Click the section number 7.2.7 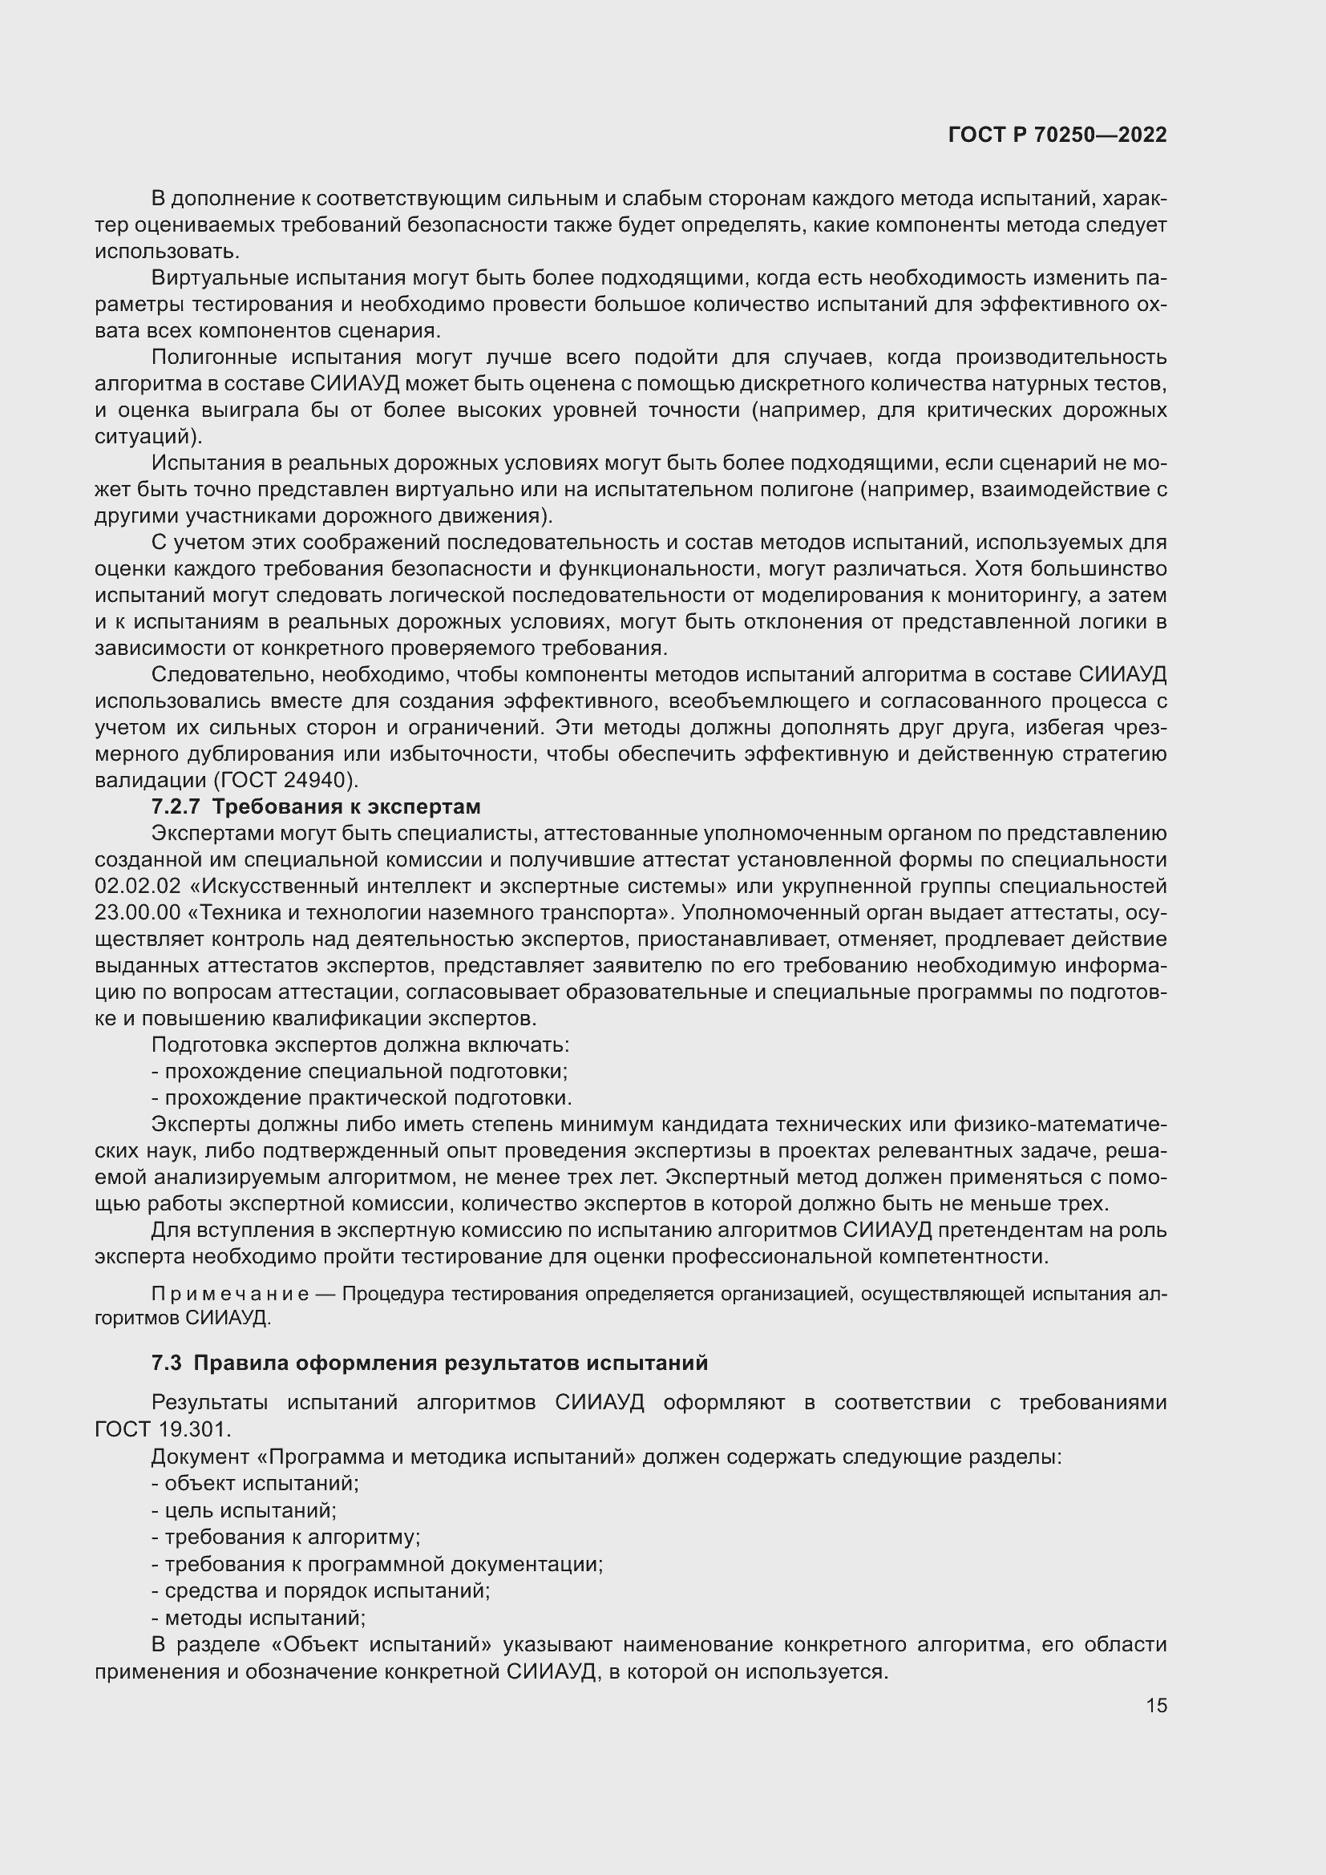[x=176, y=807]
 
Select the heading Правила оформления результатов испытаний [x=451, y=1363]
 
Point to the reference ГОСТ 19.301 [x=164, y=1429]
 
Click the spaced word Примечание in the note [x=230, y=1295]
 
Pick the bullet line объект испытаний [x=255, y=1483]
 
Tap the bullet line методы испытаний [x=258, y=1617]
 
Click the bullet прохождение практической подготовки [x=361, y=1097]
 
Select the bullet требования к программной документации [x=378, y=1564]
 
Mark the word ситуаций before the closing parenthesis [x=142, y=437]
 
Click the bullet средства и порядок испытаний [x=320, y=1590]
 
